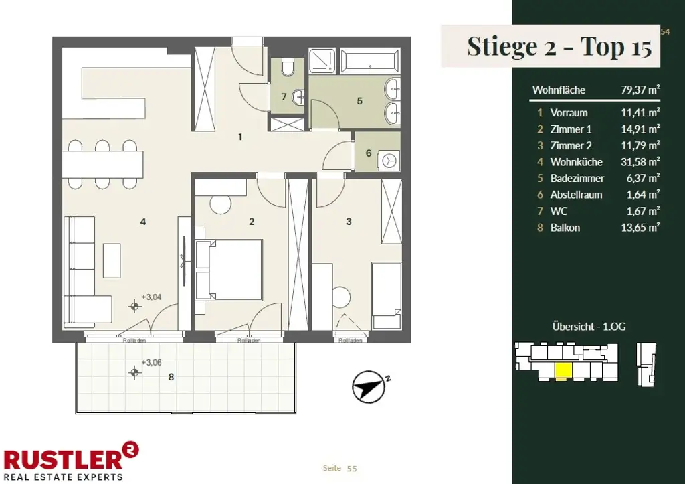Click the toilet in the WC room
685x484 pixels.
288,67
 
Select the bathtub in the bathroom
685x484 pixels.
369,61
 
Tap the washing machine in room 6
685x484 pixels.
389,161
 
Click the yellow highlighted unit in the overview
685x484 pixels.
563,370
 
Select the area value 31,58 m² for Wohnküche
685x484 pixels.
640,162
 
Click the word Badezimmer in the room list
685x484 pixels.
577,178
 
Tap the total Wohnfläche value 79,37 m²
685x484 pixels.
640,90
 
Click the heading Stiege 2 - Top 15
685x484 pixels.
559,46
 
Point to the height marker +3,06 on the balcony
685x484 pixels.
151,362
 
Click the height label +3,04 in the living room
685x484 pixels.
151,297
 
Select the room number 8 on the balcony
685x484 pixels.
171,376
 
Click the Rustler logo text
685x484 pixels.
64,460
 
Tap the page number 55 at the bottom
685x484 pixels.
352,468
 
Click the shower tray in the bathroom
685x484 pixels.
322,61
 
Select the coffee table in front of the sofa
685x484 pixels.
112,260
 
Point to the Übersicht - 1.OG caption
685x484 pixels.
589,327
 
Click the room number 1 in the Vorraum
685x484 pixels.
240,137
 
